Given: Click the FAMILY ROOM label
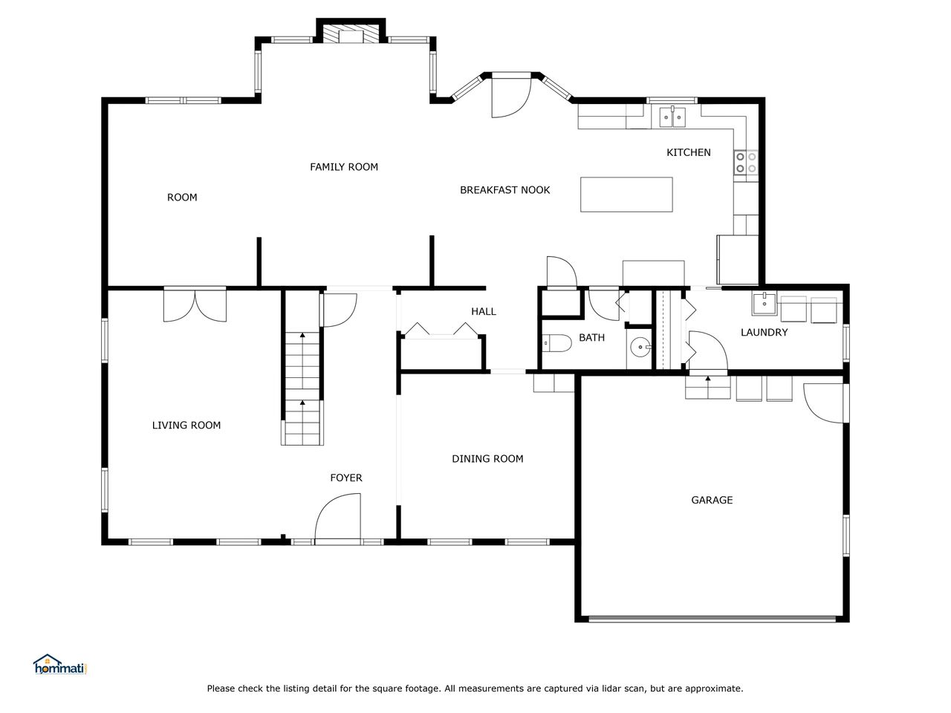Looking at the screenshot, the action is (343, 166).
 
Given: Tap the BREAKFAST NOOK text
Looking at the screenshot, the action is (504, 189).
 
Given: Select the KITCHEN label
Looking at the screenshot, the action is (689, 152).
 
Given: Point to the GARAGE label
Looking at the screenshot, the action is (712, 500).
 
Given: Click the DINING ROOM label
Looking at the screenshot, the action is (487, 458).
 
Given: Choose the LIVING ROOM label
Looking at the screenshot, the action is (186, 425).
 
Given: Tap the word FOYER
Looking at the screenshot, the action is (345, 478).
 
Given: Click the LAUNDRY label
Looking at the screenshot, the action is (764, 332).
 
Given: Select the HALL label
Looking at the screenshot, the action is (484, 311).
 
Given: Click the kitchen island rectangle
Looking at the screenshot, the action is (626, 195).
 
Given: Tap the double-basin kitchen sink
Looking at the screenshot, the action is (672, 117).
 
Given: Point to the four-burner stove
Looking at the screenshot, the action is (746, 163).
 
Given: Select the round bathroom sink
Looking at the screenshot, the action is (640, 347).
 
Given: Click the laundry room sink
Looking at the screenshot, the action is (765, 304).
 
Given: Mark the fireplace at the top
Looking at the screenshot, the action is (351, 31).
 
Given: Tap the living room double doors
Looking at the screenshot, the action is (195, 305).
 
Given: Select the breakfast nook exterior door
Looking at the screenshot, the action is (511, 96).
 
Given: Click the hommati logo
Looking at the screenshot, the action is (60, 665).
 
